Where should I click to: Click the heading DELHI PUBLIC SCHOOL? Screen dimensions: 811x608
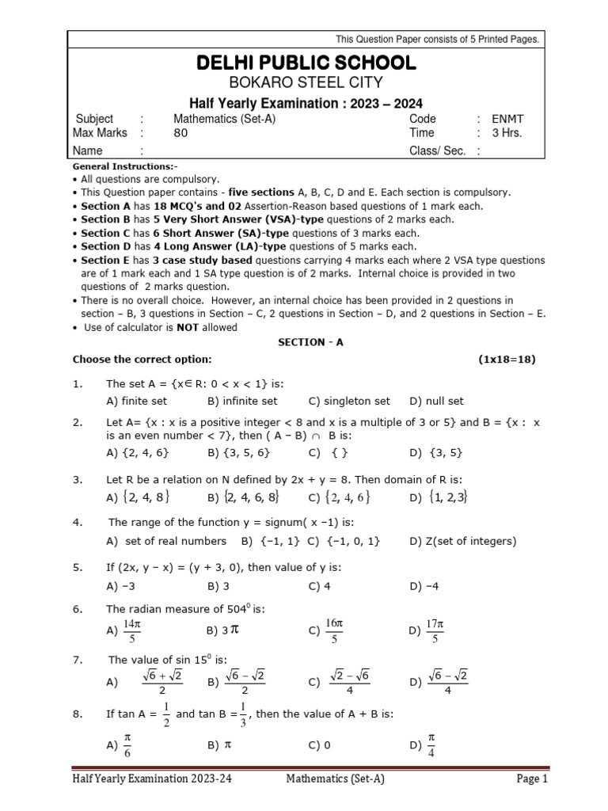305,63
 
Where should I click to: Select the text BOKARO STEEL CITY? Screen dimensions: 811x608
305,82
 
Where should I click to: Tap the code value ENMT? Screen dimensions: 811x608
507,119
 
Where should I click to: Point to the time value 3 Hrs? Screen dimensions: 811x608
507,133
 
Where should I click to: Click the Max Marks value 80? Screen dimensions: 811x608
180,133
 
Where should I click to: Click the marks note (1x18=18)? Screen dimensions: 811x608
507,359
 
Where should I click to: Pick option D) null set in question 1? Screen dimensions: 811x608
436,401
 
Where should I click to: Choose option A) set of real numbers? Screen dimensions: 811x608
165,541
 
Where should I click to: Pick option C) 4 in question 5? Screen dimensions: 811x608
320,586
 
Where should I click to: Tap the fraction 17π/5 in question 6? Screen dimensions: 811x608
435,630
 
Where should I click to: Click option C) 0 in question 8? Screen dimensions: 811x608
320,744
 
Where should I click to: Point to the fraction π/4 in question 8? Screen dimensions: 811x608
431,744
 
